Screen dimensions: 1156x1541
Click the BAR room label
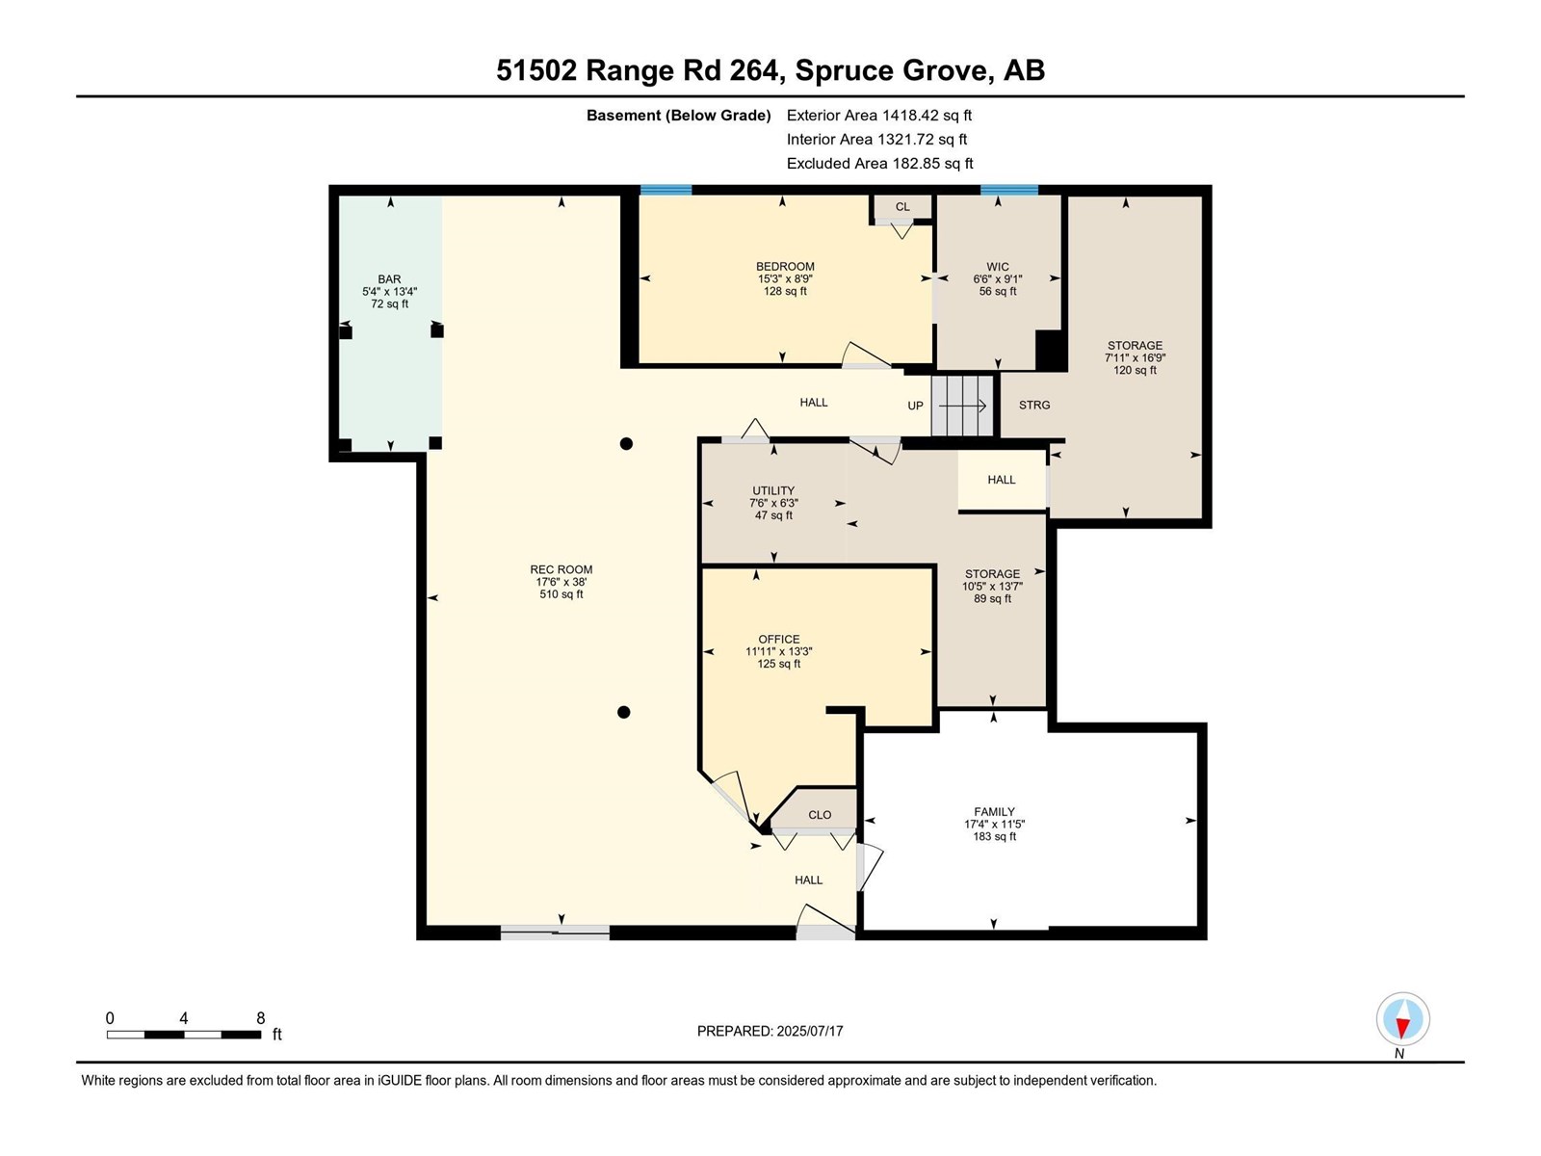pyautogui.click(x=389, y=280)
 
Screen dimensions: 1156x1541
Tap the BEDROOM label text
pyautogui.click(x=785, y=267)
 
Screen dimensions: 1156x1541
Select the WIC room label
pyautogui.click(x=998, y=268)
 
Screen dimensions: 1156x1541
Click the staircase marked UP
pyautogui.click(x=962, y=406)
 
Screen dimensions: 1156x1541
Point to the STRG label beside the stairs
pyautogui.click(x=1034, y=406)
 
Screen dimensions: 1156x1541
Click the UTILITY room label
pyautogui.click(x=773, y=491)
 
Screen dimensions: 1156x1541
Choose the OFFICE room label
pyautogui.click(x=778, y=640)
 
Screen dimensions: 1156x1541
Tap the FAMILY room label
pyautogui.click(x=994, y=812)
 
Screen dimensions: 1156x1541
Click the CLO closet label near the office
pyautogui.click(x=820, y=815)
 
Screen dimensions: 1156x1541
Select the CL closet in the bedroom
pyautogui.click(x=902, y=207)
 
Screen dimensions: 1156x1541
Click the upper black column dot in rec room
pyautogui.click(x=626, y=444)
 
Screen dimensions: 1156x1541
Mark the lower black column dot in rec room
pyautogui.click(x=624, y=713)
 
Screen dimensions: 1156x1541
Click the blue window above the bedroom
pyautogui.click(x=666, y=190)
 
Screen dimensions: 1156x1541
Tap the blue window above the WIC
pyautogui.click(x=1009, y=190)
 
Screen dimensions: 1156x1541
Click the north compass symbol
pyautogui.click(x=1402, y=1020)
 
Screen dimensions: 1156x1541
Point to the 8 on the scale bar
pyautogui.click(x=260, y=1018)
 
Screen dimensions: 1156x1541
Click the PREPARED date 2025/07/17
pyautogui.click(x=808, y=1031)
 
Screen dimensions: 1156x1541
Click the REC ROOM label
pyautogui.click(x=561, y=570)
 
